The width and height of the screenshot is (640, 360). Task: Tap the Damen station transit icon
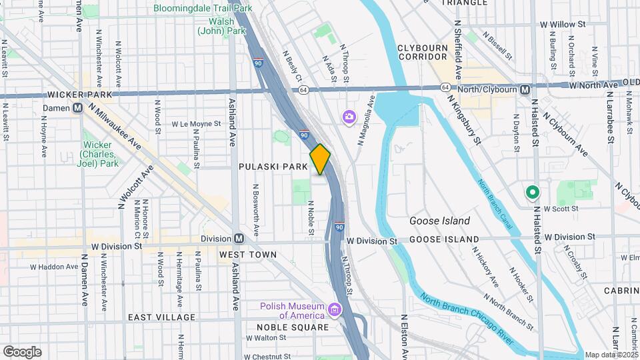pyautogui.click(x=77, y=107)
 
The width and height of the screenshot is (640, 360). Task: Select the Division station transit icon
pyautogui.click(x=238, y=239)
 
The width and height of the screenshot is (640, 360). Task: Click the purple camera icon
pyautogui.click(x=349, y=117)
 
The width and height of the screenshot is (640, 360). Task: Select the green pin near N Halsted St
pyautogui.click(x=532, y=193)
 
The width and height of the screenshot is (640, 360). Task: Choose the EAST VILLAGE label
pyautogui.click(x=161, y=317)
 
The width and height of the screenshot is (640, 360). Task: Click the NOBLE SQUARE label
pyautogui.click(x=293, y=327)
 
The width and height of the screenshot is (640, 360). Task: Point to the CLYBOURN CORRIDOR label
pyautogui.click(x=427, y=52)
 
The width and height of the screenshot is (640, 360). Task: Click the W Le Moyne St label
pyautogui.click(x=195, y=124)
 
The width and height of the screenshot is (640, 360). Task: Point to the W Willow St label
pyautogui.click(x=563, y=24)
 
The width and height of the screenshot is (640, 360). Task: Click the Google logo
pyautogui.click(x=22, y=351)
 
